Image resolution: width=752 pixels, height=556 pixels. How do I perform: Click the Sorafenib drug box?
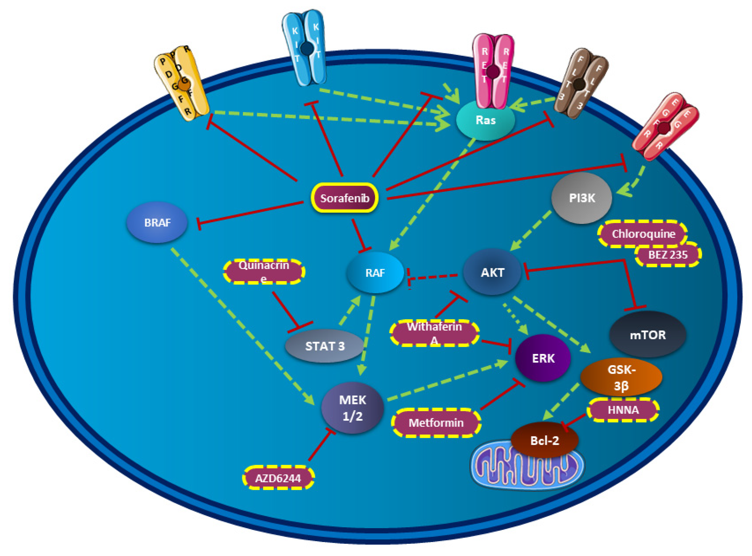344,198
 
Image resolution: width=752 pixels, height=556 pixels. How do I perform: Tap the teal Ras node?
485,120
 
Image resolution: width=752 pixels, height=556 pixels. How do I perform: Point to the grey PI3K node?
581,198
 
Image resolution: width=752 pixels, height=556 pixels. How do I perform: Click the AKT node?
492,272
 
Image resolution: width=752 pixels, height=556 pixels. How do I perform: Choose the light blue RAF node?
375,273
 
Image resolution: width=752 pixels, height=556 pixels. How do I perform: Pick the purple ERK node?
543,358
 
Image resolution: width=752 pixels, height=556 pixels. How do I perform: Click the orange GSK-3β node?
621,377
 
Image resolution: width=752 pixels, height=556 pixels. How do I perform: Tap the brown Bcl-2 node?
544,440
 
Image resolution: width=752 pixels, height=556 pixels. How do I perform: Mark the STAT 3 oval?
324,346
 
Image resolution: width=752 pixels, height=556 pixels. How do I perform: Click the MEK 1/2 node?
352,408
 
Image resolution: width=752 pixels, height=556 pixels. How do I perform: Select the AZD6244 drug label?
278,478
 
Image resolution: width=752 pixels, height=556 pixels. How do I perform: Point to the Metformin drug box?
436,423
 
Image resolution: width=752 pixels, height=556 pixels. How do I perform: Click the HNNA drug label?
623,410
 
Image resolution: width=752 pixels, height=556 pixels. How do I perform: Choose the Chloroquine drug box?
643,234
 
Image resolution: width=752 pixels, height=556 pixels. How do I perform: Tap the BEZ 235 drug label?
668,255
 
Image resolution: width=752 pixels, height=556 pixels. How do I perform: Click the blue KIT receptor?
305,47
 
